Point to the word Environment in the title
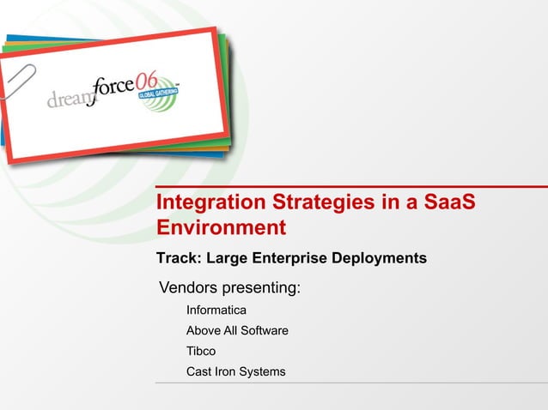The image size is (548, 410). pos(220,229)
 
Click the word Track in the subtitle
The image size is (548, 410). pos(177,258)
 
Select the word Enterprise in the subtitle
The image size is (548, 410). pos(289,258)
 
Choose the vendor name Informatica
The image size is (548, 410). pos(216,310)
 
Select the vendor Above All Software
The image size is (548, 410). pos(237,330)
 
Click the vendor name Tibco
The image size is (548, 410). pos(201,351)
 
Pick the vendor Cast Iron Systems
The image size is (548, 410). pos(235,371)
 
